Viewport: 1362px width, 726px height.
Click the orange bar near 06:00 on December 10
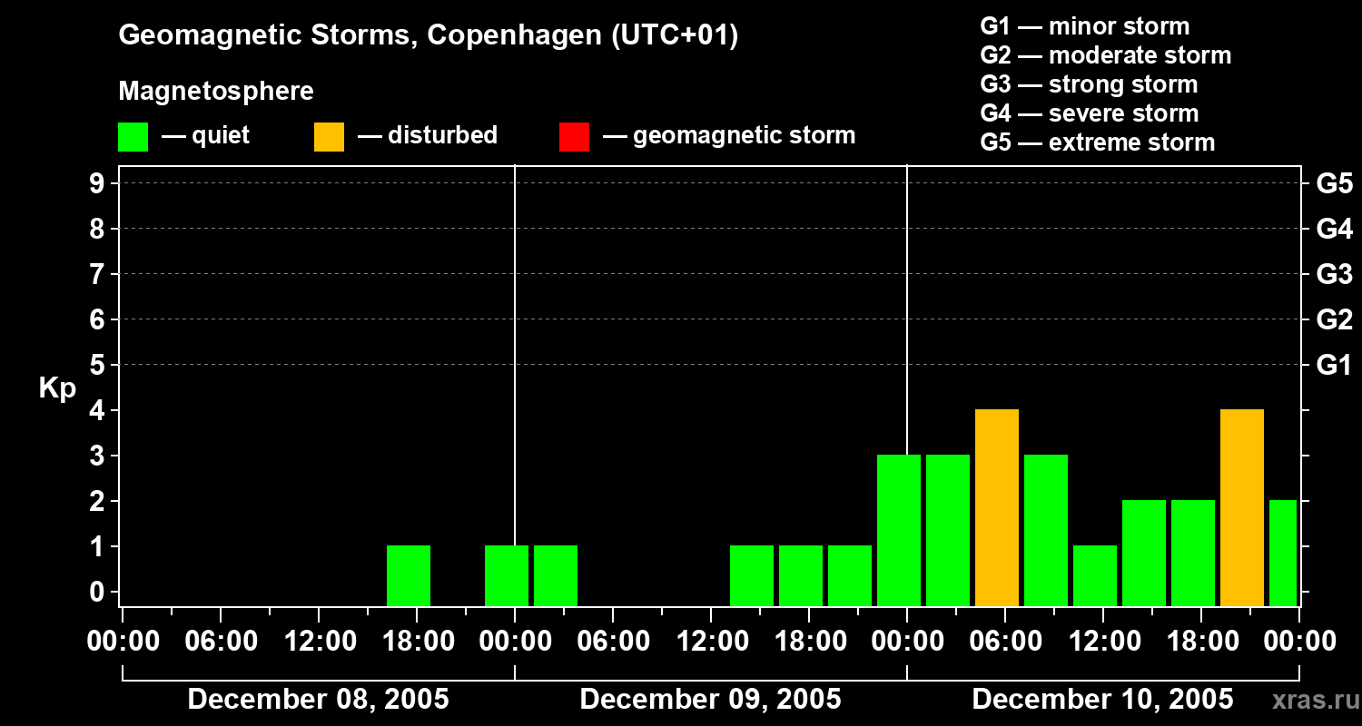997,507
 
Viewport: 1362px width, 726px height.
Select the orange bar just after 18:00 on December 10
1242,507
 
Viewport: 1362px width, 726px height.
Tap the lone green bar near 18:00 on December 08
409,575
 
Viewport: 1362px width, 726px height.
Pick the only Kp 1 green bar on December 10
1095,575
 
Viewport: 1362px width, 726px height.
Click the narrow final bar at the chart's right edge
1283,553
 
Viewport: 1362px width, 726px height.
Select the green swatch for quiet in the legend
133,136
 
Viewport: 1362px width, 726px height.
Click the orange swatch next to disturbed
330,136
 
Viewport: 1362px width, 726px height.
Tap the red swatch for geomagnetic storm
575,136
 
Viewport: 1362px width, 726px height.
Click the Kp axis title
57,388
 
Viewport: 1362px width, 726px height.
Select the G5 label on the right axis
1334,183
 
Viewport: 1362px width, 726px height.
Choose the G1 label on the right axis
1334,365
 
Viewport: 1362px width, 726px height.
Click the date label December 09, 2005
710,700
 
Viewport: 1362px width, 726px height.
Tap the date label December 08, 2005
318,700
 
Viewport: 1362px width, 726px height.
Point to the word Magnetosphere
216,92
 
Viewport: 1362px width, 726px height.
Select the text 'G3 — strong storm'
1089,84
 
